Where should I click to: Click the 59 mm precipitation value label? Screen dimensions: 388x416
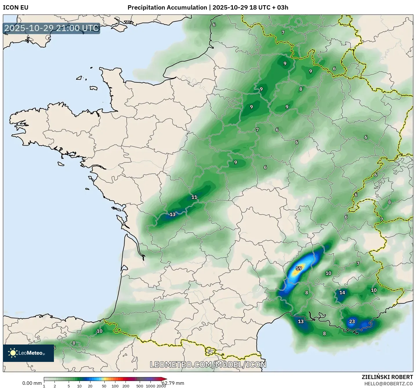[x=299, y=268]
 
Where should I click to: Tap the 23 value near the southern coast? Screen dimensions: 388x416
[x=352, y=321]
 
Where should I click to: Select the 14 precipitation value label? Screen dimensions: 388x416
[x=342, y=292]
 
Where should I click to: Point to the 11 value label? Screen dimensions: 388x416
[x=194, y=197]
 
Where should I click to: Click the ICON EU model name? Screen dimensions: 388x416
[x=16, y=8]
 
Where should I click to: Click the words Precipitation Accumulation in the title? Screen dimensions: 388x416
[x=167, y=8]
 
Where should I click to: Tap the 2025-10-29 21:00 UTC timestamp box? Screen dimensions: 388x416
[x=52, y=28]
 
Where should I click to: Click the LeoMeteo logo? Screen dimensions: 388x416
[x=28, y=353]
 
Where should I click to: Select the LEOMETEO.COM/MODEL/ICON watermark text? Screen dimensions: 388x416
[x=208, y=365]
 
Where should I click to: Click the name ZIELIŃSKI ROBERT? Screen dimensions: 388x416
[x=387, y=377]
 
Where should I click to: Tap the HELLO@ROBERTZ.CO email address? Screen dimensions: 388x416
[x=388, y=384]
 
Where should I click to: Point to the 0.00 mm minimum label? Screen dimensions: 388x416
[x=32, y=383]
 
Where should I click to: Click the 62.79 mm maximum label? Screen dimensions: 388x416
[x=173, y=383]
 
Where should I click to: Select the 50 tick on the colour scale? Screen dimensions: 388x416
[x=104, y=386]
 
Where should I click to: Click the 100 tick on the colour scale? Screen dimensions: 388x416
[x=115, y=386]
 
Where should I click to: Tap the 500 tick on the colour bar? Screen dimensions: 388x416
[x=140, y=386]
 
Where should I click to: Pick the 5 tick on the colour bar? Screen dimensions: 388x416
[x=69, y=386]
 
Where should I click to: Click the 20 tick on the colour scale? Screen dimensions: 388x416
[x=90, y=386]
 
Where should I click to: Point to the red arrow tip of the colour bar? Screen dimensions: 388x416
[x=165, y=379]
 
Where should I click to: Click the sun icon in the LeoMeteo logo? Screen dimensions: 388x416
[x=13, y=353]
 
